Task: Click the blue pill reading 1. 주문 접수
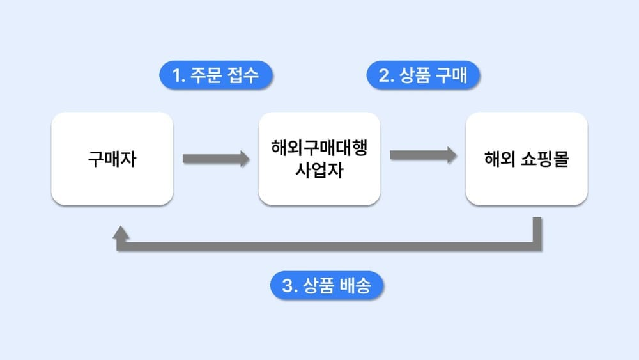coord(216,75)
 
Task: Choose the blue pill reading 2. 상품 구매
coord(423,75)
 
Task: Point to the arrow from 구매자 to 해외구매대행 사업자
coord(215,159)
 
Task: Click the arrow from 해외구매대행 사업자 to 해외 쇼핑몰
coord(422,155)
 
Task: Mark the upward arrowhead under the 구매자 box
coord(121,238)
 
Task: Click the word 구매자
coord(112,159)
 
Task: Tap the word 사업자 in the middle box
coord(319,171)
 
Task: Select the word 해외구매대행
coord(319,148)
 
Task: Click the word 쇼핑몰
coord(545,159)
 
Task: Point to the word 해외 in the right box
coord(499,159)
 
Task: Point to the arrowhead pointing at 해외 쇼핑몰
coord(452,155)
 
